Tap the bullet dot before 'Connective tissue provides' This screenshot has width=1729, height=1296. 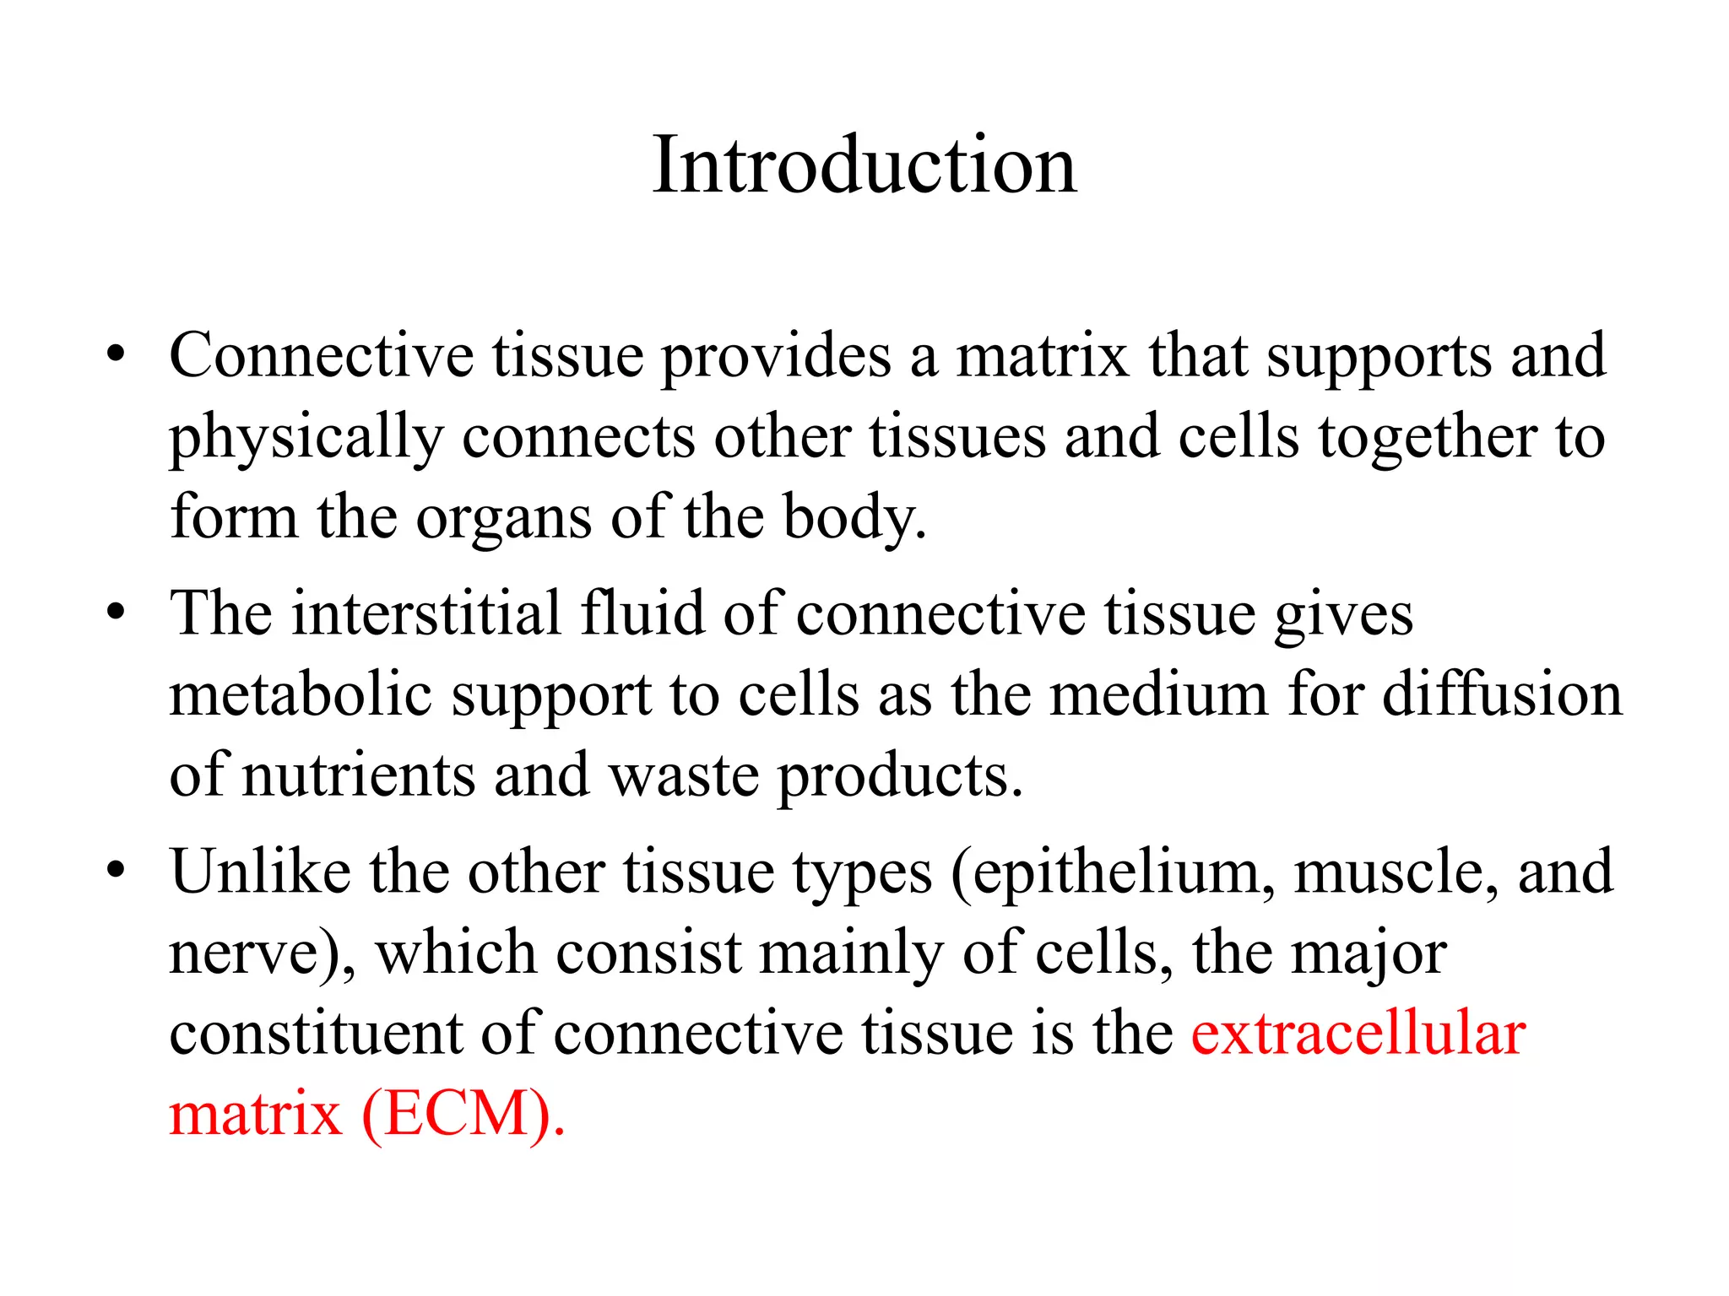click(116, 354)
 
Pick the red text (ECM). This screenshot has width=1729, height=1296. click(463, 1115)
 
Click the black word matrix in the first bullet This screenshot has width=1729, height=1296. click(1042, 355)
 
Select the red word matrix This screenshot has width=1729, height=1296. click(255, 1115)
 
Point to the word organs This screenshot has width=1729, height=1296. click(503, 517)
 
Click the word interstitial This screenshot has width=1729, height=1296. click(426, 613)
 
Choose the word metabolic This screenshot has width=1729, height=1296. click(301, 694)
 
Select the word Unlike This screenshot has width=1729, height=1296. click(260, 871)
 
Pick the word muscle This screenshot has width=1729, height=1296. click(1396, 872)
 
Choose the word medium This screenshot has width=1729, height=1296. click(1158, 694)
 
